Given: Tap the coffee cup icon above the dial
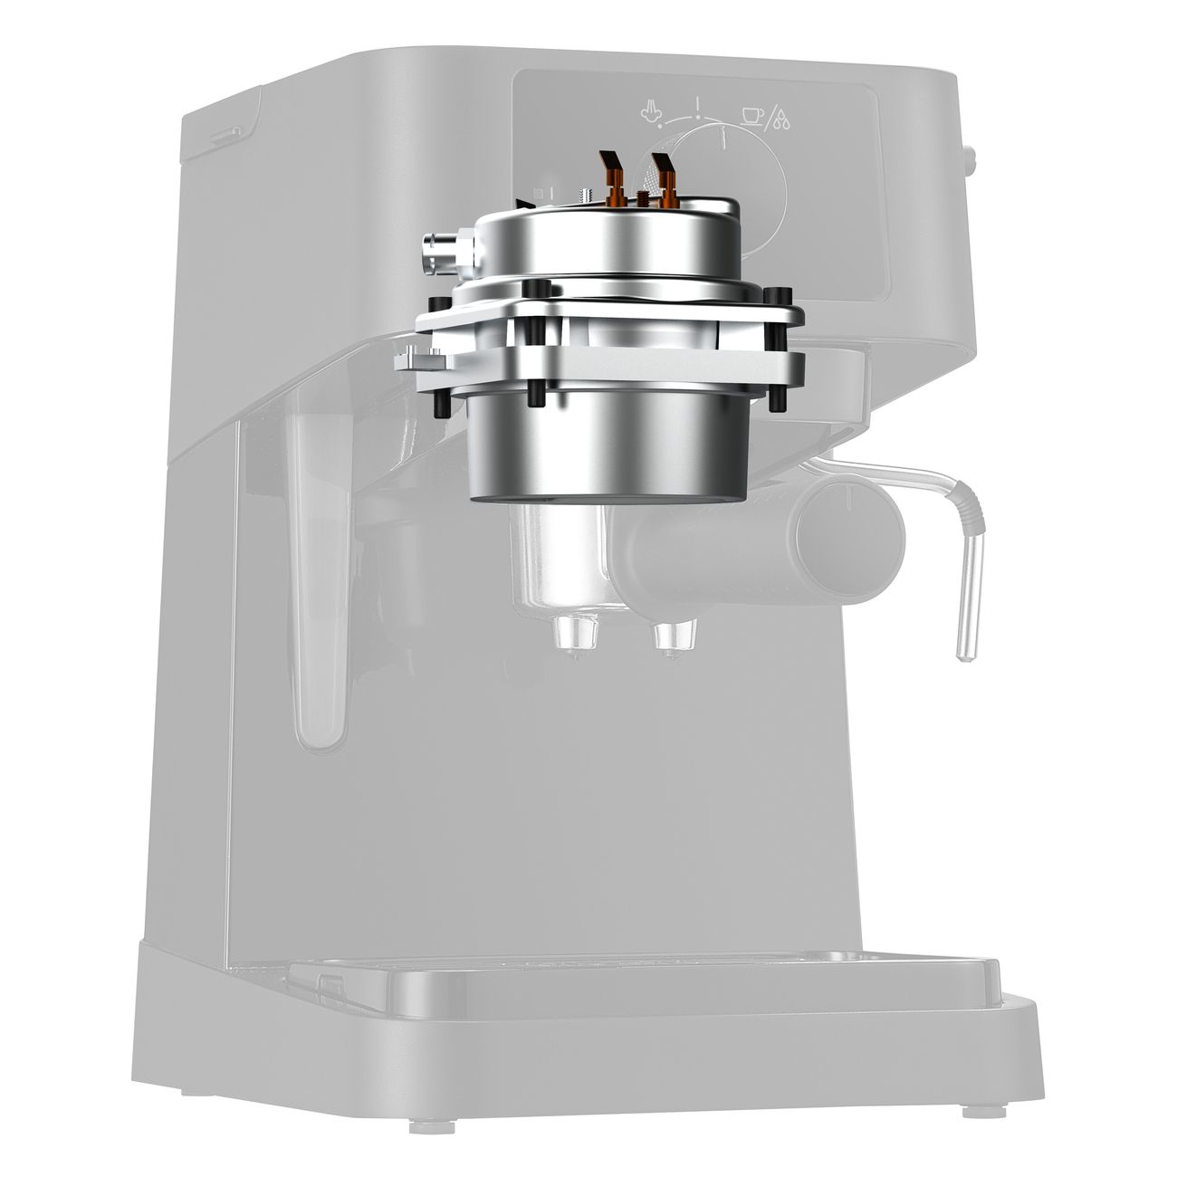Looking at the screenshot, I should coord(751,114).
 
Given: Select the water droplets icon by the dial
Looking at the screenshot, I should coord(780,120).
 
